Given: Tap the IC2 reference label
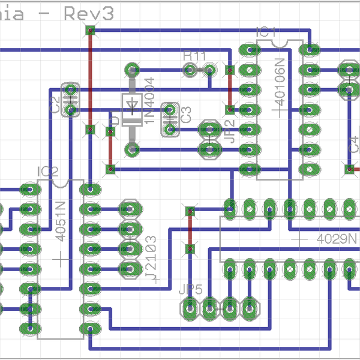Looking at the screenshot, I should click(x=47, y=172).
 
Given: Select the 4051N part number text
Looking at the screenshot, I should click(x=61, y=221).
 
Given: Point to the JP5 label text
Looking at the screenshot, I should click(x=191, y=288).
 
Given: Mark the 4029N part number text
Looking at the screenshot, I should click(x=337, y=239).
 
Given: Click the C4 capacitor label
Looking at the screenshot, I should click(x=354, y=144).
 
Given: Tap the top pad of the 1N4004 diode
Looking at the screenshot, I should click(x=131, y=70).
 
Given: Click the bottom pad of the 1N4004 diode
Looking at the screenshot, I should click(x=131, y=149).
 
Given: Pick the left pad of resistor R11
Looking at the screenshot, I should click(x=190, y=71).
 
